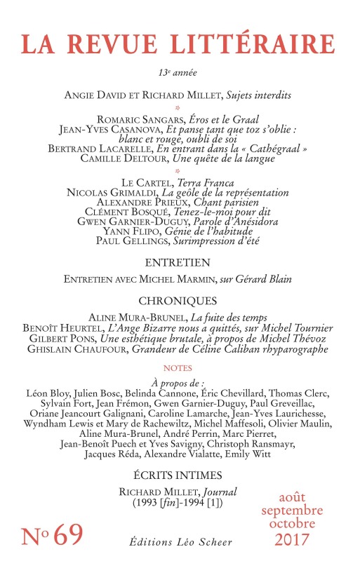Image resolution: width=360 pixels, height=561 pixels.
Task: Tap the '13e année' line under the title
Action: click(x=179, y=73)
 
